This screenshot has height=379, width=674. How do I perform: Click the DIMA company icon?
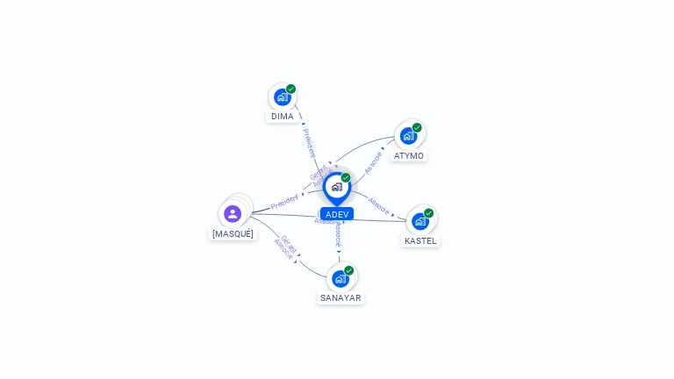[x=282, y=97]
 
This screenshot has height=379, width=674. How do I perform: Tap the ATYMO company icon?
[x=408, y=136]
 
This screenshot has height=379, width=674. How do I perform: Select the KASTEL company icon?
[x=420, y=221]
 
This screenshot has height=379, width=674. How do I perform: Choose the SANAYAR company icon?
[x=341, y=279]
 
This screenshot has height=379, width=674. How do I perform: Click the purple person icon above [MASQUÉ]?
[x=233, y=213]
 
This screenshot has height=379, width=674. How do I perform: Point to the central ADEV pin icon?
[x=336, y=187]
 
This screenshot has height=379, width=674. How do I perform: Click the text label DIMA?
[x=283, y=117]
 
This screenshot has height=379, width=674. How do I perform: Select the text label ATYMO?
[x=409, y=156]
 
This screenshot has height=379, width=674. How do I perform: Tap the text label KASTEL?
[x=420, y=241]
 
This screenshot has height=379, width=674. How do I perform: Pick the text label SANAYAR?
[x=341, y=298]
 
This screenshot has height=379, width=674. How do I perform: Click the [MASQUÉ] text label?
[x=233, y=234]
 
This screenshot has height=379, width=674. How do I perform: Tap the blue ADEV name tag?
[x=337, y=214]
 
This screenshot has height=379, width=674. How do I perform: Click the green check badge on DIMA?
[x=291, y=89]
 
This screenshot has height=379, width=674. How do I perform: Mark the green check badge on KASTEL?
[x=429, y=212]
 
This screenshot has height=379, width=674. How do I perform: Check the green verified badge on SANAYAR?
[x=349, y=270]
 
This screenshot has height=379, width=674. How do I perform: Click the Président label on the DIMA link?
[x=308, y=142]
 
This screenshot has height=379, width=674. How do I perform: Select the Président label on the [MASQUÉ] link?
[x=284, y=201]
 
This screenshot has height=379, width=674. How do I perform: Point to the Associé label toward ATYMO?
[x=373, y=161]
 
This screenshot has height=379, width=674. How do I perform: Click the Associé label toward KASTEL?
[x=379, y=205]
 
